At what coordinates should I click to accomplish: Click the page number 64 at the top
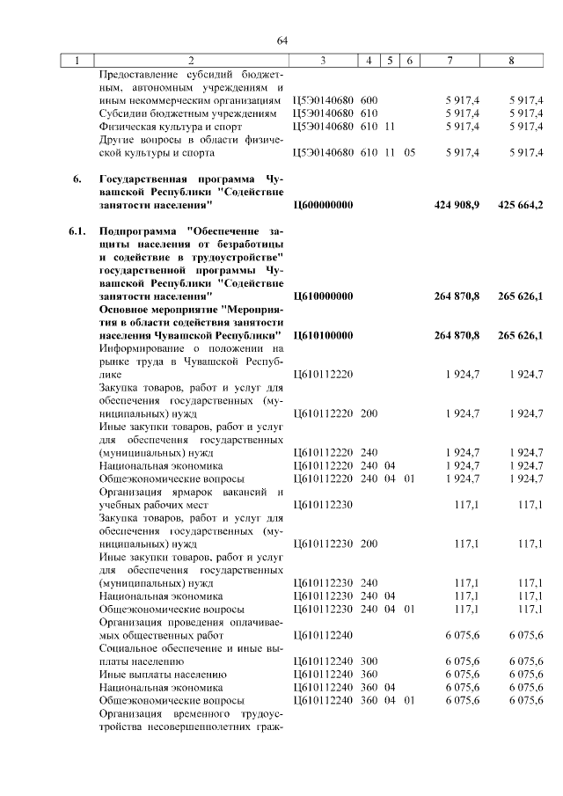[282, 41]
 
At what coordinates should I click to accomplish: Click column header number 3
[323, 61]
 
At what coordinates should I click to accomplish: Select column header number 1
[77, 61]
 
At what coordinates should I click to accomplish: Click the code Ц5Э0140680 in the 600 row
[323, 100]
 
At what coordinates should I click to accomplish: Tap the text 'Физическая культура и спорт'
[165, 127]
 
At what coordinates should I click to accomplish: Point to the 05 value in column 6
[409, 153]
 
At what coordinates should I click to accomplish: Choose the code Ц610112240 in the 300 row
[323, 661]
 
